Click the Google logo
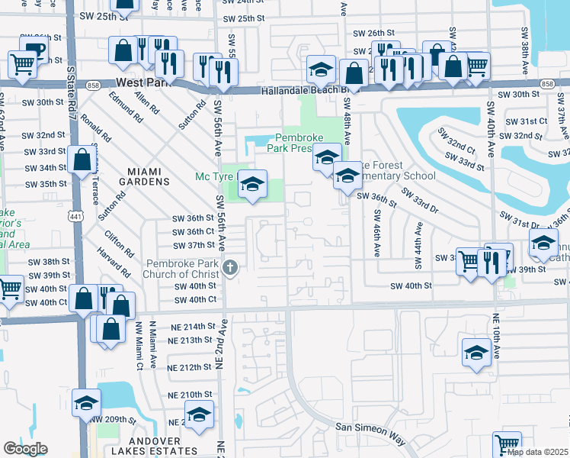(24, 449)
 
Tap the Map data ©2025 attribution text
(537, 452)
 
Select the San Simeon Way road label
(370, 431)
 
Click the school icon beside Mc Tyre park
(254, 184)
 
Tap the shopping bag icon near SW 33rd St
(82, 160)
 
